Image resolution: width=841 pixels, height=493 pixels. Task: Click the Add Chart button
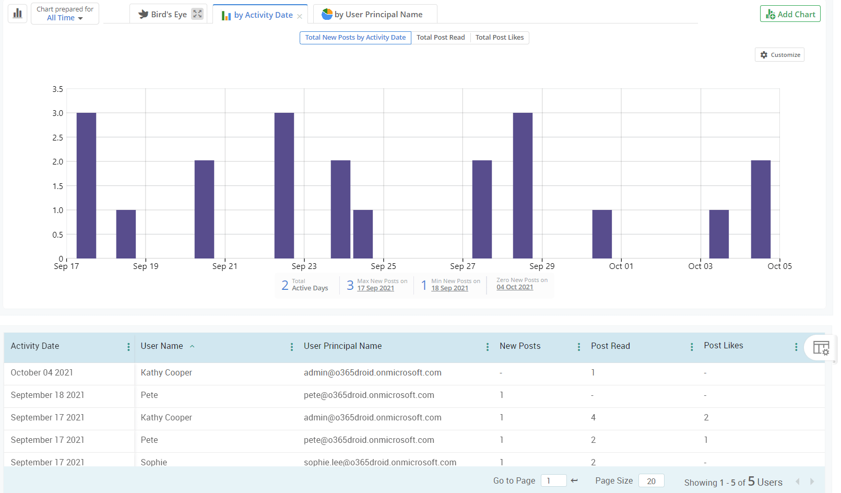pos(790,14)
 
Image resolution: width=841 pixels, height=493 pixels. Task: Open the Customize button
pos(779,55)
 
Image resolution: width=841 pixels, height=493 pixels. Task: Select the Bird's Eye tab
pos(163,15)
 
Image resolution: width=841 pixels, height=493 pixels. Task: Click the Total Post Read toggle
pos(441,38)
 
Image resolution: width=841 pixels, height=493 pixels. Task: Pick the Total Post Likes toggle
pos(500,38)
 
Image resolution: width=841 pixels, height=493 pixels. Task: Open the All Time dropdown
pos(65,18)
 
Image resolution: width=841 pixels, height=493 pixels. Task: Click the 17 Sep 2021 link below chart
pos(375,288)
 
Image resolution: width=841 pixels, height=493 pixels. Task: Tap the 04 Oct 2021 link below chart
pos(515,287)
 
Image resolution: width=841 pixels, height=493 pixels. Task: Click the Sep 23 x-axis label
pos(304,266)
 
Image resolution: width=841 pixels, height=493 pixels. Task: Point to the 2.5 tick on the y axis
pos(57,137)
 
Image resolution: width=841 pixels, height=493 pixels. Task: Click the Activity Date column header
pos(35,346)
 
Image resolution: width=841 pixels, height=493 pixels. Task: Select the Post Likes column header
pos(723,346)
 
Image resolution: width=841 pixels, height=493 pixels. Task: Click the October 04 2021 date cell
pos(42,373)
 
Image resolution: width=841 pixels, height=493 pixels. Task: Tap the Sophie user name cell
pos(154,462)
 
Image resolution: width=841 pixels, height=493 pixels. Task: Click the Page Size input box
pos(651,481)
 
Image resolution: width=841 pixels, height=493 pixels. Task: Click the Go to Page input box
pos(553,481)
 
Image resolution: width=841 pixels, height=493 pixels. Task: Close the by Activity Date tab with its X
pos(300,16)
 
